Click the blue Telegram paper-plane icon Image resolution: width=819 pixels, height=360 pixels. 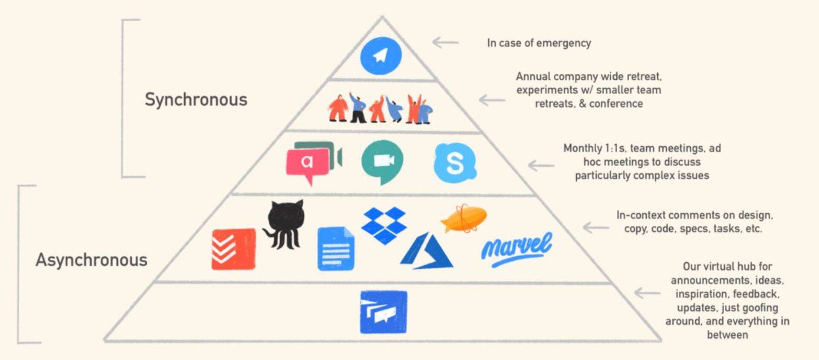pos(381,56)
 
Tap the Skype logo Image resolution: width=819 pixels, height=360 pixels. pos(455,163)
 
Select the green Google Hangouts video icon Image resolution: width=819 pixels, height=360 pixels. pos(382,161)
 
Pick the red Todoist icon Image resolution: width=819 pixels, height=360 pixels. pos(233,249)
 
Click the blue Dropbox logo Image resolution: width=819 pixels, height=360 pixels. pos(384,225)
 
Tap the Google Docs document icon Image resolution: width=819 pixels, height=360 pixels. pos(336,249)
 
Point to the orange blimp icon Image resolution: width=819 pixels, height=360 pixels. pos(464,219)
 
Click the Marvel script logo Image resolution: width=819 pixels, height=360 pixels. pos(517,249)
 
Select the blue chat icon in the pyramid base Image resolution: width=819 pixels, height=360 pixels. pos(383,312)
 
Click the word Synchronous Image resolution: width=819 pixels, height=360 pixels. pos(196,99)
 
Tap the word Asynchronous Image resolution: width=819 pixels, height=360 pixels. pos(91,260)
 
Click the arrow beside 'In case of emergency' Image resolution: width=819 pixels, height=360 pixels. pos(445,42)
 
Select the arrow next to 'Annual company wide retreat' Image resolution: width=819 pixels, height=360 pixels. pos(492,100)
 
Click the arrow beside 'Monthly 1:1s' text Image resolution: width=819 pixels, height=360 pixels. pos(541,165)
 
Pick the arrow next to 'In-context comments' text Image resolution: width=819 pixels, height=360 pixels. pos(596,228)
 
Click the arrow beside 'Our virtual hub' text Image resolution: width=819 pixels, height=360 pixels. pos(647,293)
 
